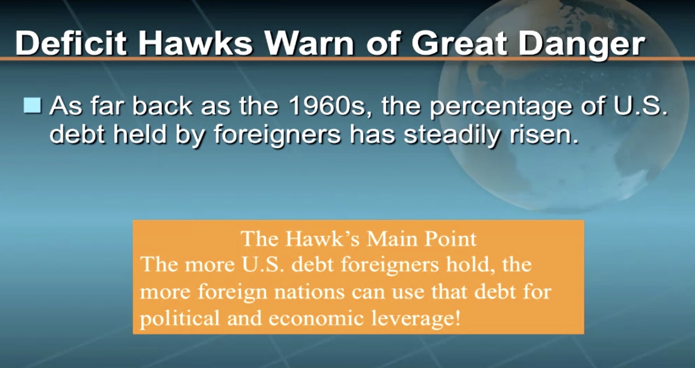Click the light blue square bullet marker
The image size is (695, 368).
pyautogui.click(x=32, y=105)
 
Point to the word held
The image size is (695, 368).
pyautogui.click(x=139, y=135)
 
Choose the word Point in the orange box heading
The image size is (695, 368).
pyautogui.click(x=451, y=239)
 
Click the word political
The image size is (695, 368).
pyautogui.click(x=180, y=319)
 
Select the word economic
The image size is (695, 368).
pyautogui.click(x=316, y=319)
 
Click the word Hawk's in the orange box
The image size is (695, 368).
pyautogui.click(x=323, y=239)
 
